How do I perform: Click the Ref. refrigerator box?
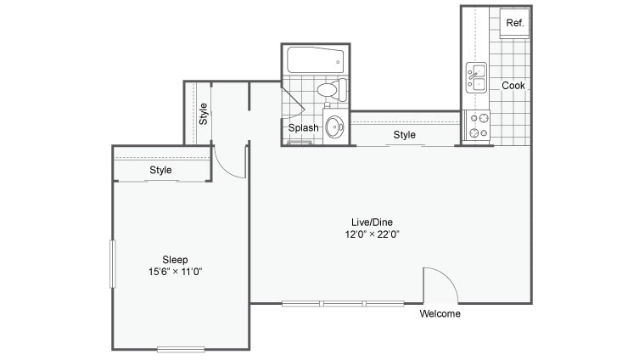(x=514, y=24)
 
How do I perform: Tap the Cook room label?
(x=513, y=86)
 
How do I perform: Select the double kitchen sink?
(x=475, y=78)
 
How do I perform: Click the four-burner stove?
(x=479, y=126)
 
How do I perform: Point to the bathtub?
(x=315, y=60)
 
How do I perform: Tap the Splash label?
(x=303, y=128)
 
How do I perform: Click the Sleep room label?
(x=175, y=260)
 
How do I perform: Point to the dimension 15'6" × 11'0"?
(x=175, y=273)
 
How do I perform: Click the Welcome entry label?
(x=440, y=314)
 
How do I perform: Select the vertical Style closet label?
(x=204, y=114)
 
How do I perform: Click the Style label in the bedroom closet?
(x=161, y=170)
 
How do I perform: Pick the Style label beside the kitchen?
(x=405, y=135)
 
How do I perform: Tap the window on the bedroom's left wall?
(x=112, y=264)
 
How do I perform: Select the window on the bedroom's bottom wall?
(x=181, y=348)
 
